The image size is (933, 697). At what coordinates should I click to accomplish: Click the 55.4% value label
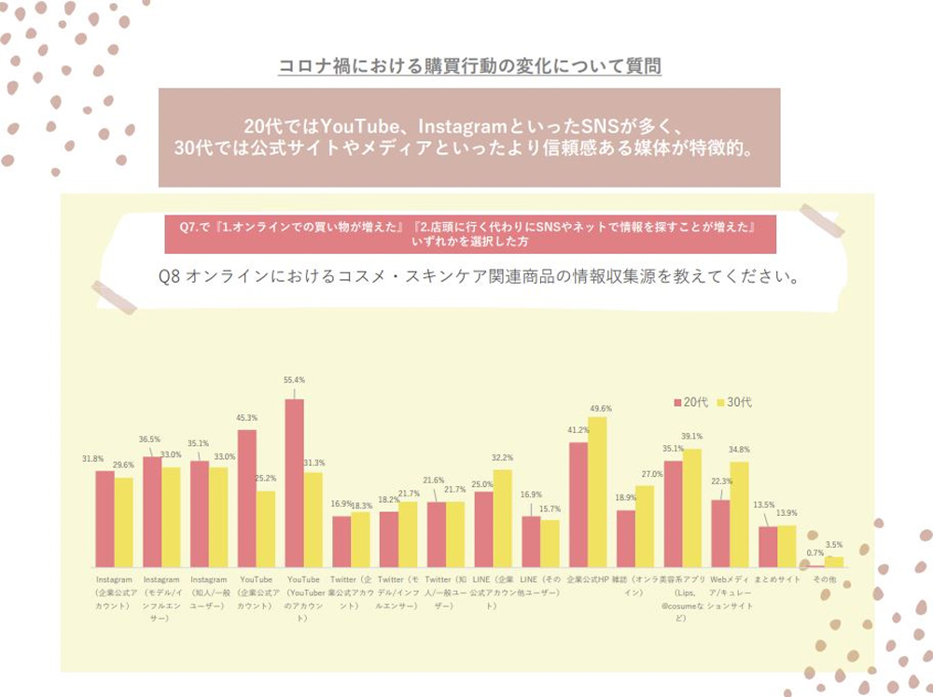click(x=295, y=380)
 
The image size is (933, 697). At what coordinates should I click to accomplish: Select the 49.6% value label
click(x=602, y=408)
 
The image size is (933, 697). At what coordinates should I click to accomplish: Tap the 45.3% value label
click(x=247, y=417)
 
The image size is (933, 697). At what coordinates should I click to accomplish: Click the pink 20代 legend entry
click(x=690, y=402)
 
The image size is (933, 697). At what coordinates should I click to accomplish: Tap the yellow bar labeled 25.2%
click(x=266, y=529)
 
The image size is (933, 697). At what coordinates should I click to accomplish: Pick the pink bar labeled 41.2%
click(x=578, y=505)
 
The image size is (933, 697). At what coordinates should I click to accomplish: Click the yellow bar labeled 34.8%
click(x=739, y=514)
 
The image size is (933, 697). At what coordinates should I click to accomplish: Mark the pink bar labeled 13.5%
click(x=768, y=547)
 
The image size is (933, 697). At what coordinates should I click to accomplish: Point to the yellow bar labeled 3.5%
click(x=835, y=562)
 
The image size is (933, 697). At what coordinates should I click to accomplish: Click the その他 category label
click(x=826, y=579)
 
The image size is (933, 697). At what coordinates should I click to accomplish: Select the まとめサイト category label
click(x=778, y=579)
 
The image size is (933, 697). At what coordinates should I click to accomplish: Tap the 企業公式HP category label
click(x=588, y=579)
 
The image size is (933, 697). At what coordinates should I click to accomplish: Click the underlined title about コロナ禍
click(x=470, y=66)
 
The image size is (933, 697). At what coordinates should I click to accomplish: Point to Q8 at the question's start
click(x=172, y=276)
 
